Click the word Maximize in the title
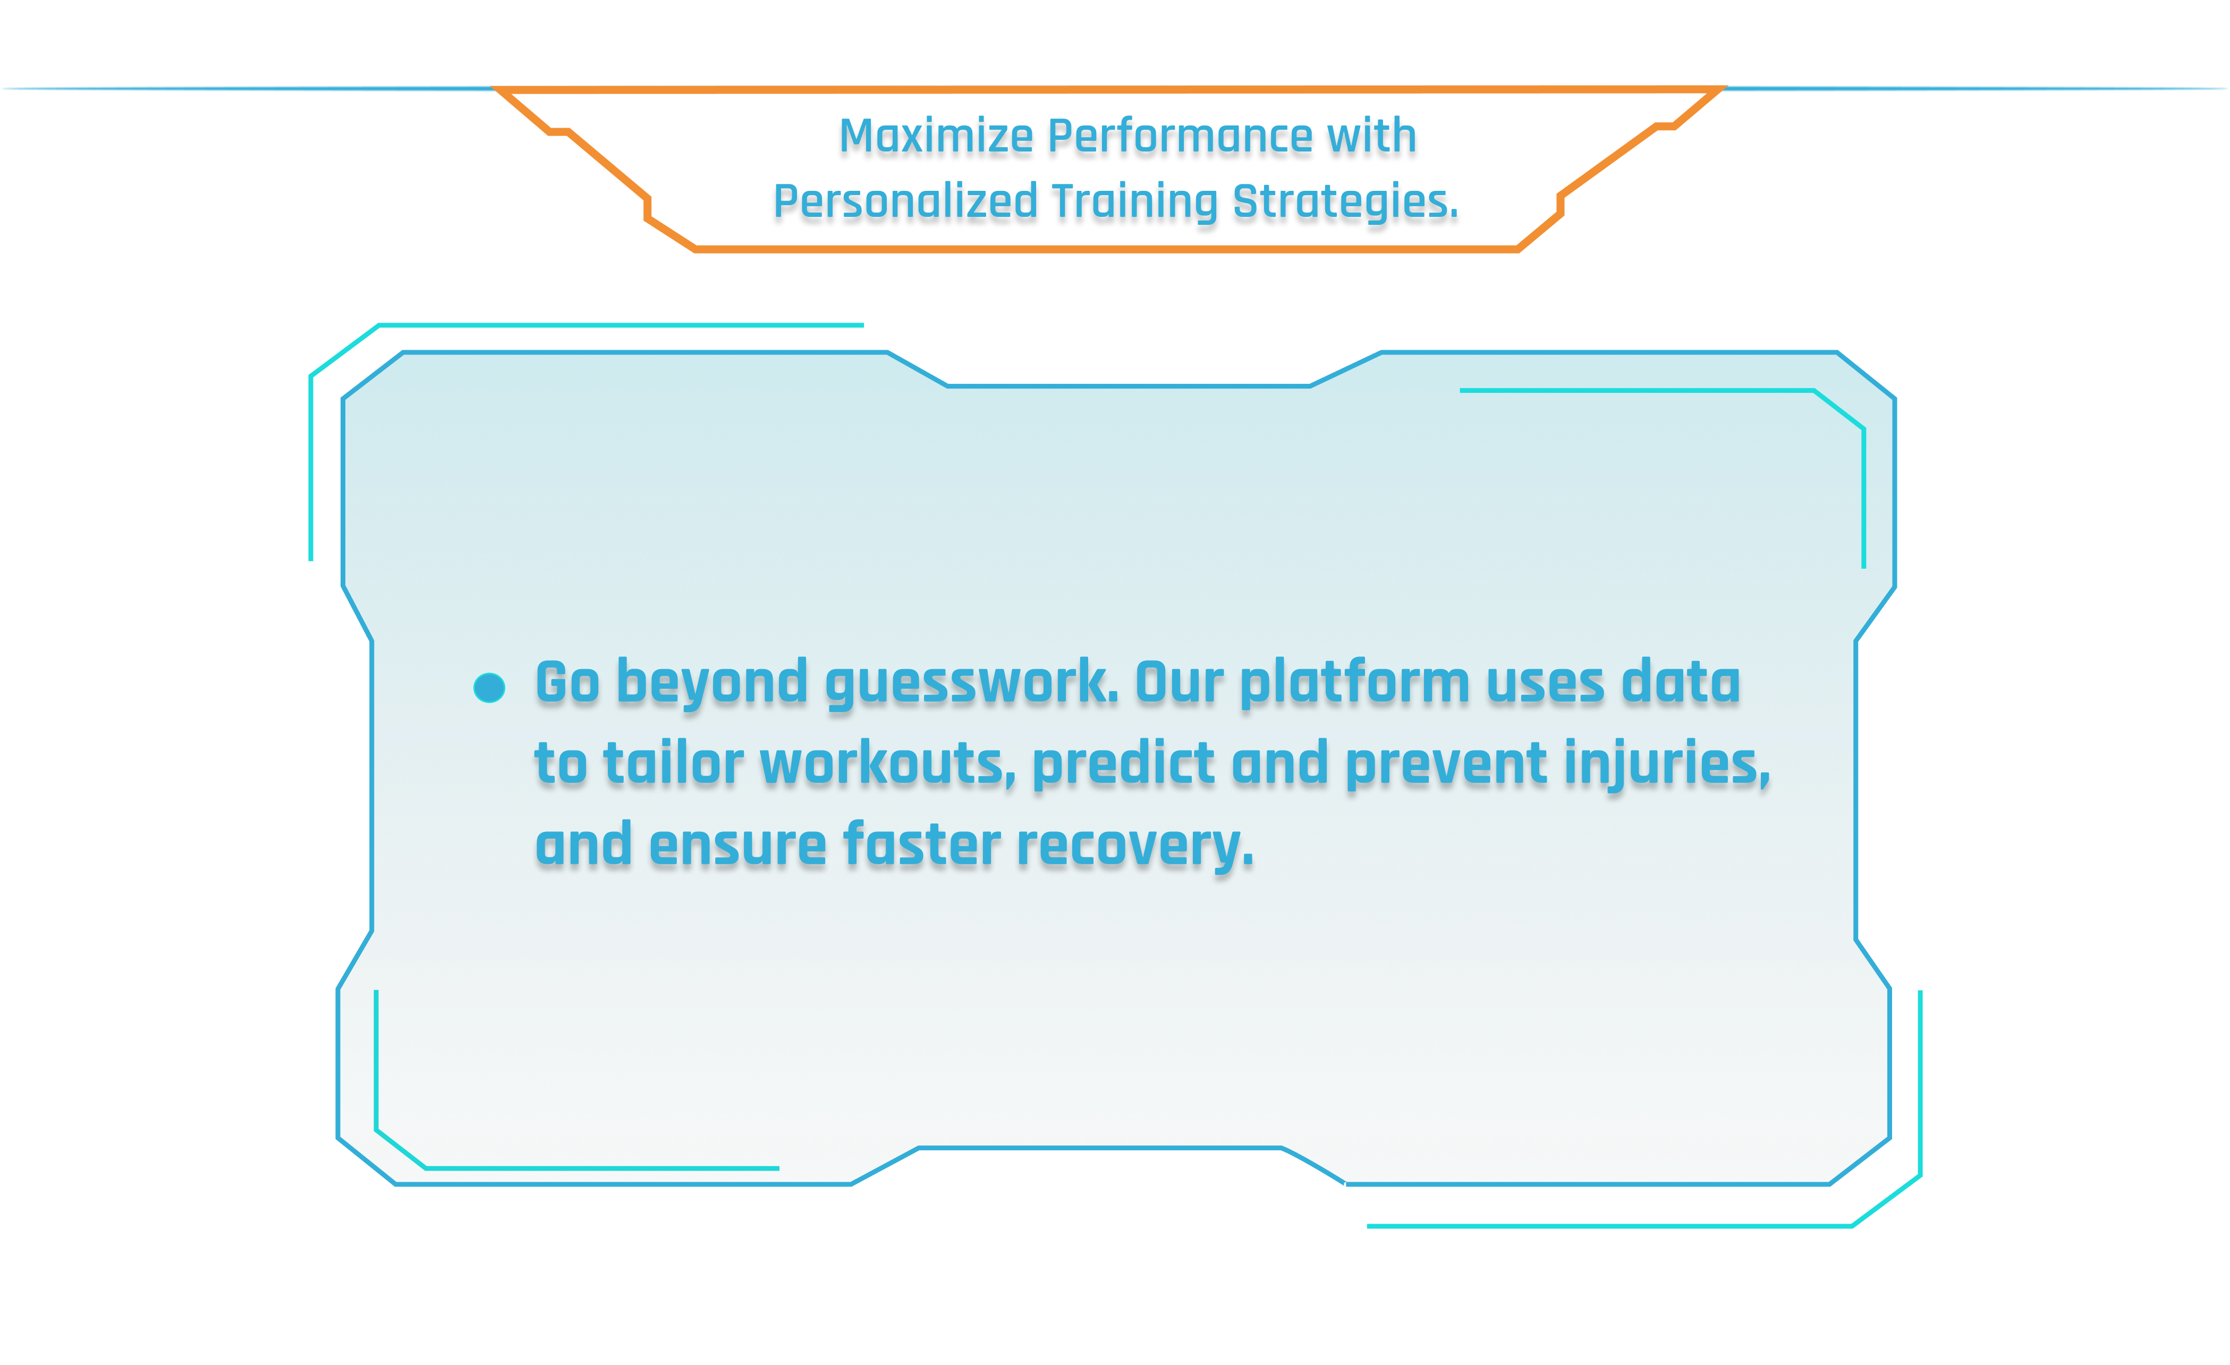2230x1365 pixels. (936, 138)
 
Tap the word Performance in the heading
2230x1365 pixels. (1179, 138)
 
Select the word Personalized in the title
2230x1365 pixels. (905, 202)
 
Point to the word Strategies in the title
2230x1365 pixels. (1345, 202)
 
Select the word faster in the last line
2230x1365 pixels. (921, 846)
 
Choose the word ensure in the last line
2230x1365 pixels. (737, 846)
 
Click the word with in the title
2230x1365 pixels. (1372, 138)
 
